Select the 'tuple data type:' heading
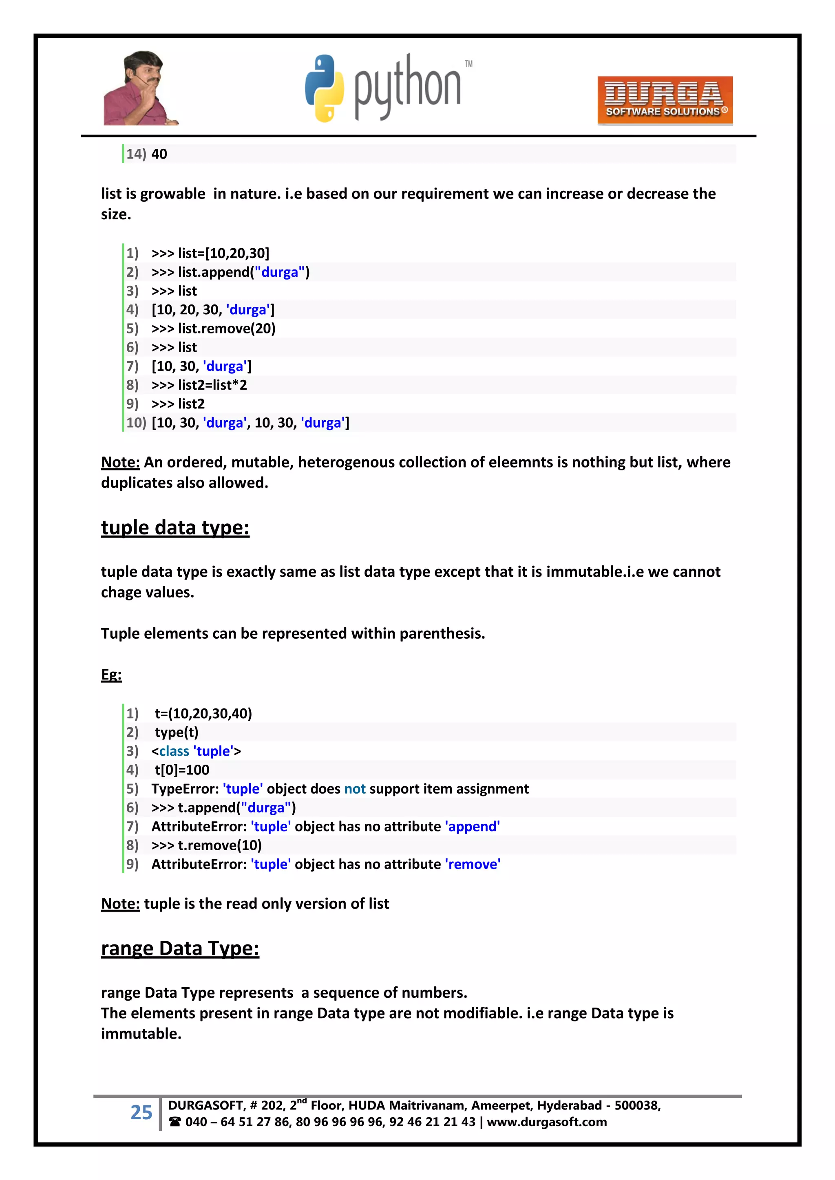[x=175, y=528]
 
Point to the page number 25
[x=141, y=1113]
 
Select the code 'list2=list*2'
[x=212, y=385]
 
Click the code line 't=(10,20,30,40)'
[x=203, y=713]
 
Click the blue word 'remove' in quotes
[x=473, y=865]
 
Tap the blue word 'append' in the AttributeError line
[x=473, y=827]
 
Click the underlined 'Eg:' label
[x=111, y=675]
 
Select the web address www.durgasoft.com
[x=547, y=1122]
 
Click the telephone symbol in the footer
[x=175, y=1122]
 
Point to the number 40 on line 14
[x=159, y=154]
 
